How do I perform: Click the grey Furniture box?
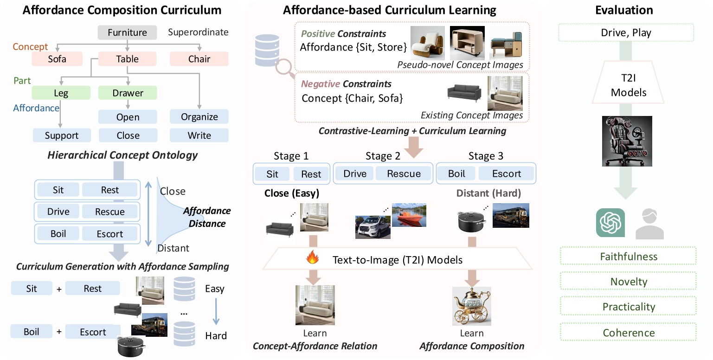click(127, 32)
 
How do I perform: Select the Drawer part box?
click(128, 93)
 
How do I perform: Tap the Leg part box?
click(61, 93)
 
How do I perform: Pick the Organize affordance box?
click(199, 116)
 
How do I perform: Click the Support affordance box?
click(62, 135)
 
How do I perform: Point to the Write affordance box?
click(199, 135)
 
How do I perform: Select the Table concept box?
click(127, 59)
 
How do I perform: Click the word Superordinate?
click(198, 32)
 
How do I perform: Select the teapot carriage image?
click(471, 306)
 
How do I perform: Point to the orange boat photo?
click(409, 215)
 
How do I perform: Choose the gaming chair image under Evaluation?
click(627, 141)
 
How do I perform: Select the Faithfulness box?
click(628, 256)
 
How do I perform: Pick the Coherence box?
click(628, 333)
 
